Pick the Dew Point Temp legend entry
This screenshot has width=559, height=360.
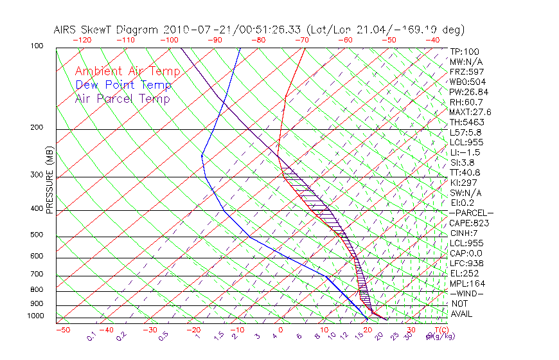point(123,85)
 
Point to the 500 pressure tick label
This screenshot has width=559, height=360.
point(38,235)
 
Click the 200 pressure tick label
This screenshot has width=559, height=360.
point(38,127)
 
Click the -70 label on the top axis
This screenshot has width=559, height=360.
point(301,40)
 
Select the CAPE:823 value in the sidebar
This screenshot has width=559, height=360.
point(469,223)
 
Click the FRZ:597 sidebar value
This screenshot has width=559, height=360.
point(466,71)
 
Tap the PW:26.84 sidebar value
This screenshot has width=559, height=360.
point(469,92)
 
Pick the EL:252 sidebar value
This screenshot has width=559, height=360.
point(465,273)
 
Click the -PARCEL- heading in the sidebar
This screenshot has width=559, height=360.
point(471,213)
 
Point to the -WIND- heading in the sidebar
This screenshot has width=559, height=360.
point(466,294)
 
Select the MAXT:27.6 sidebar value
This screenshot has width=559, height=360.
point(470,112)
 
